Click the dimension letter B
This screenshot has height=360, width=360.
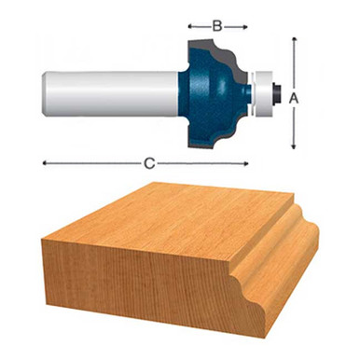[x=216, y=26]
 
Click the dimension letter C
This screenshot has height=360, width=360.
[x=148, y=163]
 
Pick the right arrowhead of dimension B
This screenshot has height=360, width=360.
[x=244, y=26]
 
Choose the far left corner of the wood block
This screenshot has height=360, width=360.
[x=41, y=242]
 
